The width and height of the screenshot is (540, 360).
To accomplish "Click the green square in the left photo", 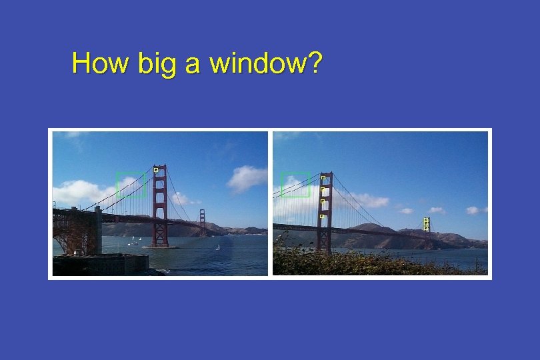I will [x=131, y=185].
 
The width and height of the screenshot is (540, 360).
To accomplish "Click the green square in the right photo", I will [x=295, y=185].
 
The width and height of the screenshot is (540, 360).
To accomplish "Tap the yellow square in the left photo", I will [x=156, y=170].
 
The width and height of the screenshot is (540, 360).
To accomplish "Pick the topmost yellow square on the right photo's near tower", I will [x=323, y=178].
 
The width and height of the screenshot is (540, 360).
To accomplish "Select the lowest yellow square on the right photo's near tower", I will [x=322, y=216].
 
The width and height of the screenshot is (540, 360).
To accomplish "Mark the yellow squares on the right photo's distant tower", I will [x=426, y=225].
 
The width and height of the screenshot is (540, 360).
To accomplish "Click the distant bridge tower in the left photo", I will [x=203, y=223].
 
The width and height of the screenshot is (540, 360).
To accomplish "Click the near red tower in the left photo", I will [x=159, y=207].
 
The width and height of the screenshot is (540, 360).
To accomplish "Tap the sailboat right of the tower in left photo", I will [x=218, y=247].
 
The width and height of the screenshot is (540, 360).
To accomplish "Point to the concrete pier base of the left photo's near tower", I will [x=160, y=247].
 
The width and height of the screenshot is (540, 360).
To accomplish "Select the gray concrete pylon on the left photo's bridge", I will [x=97, y=229].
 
